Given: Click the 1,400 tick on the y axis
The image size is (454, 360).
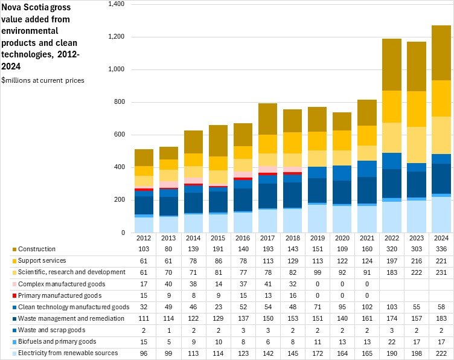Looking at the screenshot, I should click(115, 4).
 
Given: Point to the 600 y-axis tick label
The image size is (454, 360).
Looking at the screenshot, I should click(118, 135).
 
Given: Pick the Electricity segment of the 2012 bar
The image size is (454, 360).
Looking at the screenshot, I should click(144, 225).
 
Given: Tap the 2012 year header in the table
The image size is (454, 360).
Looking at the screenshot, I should click(144, 239).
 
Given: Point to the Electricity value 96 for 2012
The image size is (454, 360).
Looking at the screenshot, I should click(144, 353).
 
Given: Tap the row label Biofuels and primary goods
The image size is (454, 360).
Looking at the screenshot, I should click(51, 341).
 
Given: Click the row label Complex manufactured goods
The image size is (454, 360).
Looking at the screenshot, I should click(53, 284).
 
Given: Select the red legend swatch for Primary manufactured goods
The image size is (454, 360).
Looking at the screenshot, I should click(13, 295).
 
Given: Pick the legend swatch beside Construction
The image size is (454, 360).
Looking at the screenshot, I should click(13, 249).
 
